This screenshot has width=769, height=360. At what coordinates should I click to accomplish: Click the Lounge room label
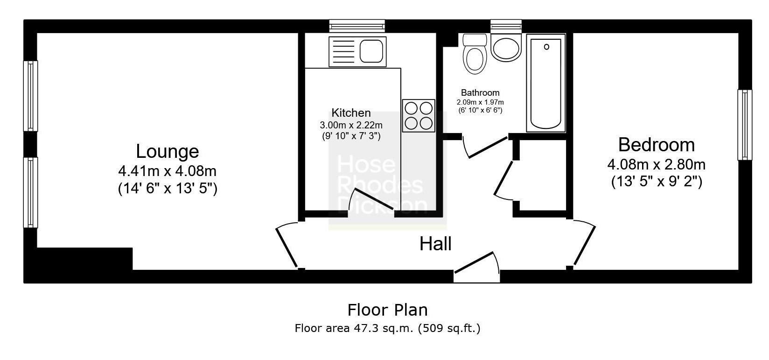167,152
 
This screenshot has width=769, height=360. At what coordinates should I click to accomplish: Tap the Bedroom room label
656,145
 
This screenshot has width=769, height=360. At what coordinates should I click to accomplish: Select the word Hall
435,244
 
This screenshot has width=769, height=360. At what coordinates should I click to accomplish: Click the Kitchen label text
351,113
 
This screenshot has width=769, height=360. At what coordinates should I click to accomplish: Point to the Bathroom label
480,93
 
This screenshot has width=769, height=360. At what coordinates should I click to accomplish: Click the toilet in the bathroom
475,56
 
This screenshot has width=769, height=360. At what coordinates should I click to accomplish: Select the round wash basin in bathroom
506,48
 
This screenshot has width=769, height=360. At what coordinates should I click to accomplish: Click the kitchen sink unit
357,51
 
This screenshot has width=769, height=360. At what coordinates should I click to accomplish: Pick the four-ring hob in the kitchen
419,116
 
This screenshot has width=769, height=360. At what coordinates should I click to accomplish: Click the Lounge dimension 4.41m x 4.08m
167,171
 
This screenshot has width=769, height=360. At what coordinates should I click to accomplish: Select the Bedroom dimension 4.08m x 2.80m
656,165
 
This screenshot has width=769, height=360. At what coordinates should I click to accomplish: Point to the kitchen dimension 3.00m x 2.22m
351,125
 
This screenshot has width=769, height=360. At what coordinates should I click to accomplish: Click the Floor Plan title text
387,310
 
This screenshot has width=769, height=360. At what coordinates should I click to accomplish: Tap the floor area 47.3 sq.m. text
387,328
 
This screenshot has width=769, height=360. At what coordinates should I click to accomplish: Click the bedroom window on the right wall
744,125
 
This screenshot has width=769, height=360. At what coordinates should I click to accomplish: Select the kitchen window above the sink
357,26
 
